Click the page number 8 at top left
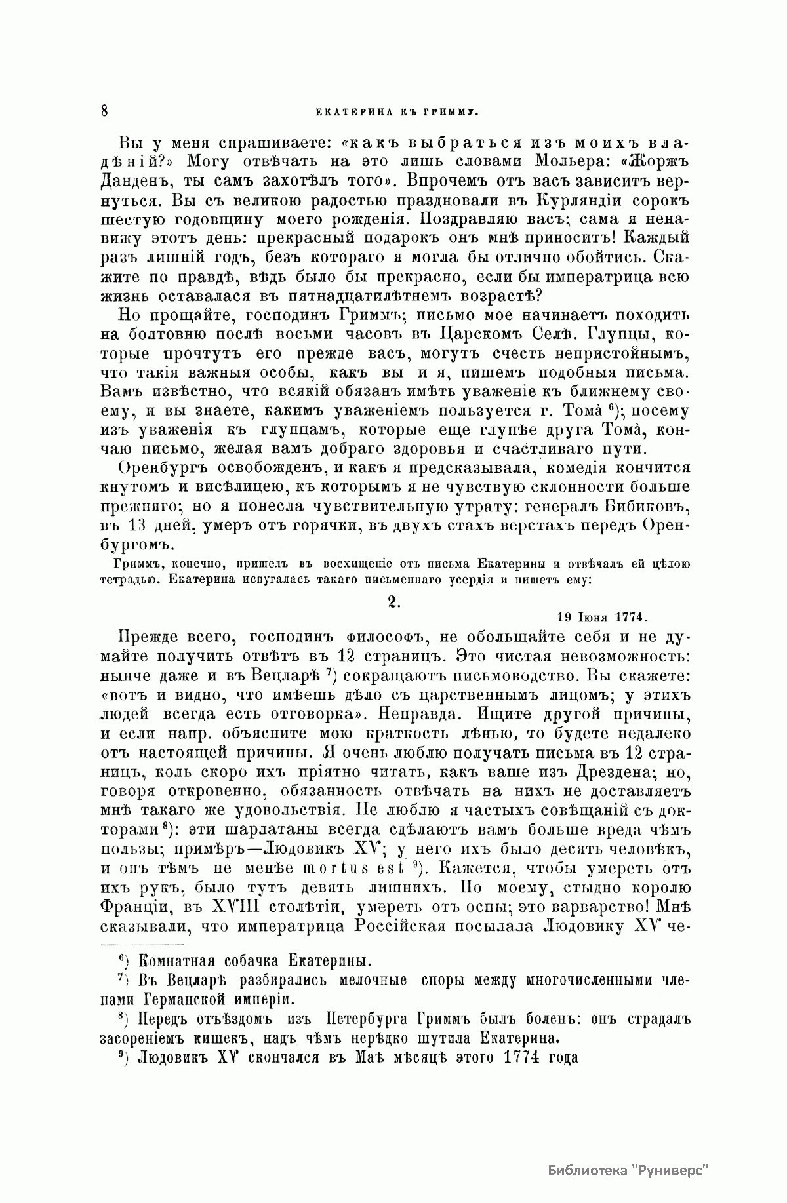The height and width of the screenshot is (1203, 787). tap(104, 110)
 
